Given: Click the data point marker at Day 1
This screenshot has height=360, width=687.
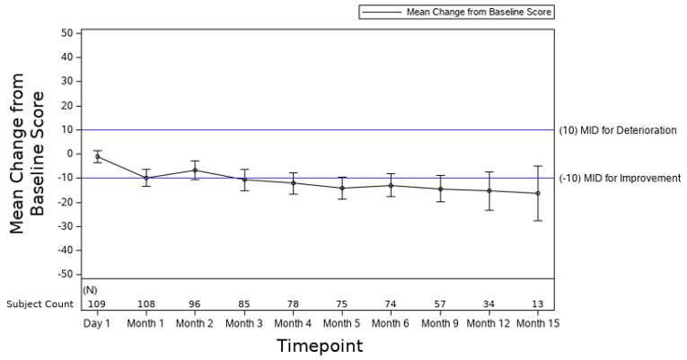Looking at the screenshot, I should click(x=97, y=156).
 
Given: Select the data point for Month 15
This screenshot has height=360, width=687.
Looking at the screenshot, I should click(x=538, y=193).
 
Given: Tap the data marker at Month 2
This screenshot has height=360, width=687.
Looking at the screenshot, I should click(x=195, y=170).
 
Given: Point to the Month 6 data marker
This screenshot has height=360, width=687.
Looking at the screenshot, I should click(x=391, y=185).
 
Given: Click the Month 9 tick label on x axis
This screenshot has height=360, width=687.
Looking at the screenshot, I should click(x=440, y=322).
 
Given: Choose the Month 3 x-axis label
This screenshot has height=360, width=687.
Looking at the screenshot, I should click(x=244, y=322).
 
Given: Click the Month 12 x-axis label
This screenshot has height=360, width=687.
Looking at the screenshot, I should click(x=489, y=322).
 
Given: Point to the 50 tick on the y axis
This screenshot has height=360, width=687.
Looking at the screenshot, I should click(x=67, y=33).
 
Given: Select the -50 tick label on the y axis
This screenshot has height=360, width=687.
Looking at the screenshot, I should click(x=66, y=274).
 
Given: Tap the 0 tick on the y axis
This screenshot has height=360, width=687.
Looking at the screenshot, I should click(x=70, y=154).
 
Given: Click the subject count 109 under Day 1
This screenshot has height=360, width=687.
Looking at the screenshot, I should click(x=97, y=304).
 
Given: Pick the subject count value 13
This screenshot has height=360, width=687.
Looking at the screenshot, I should click(x=538, y=304).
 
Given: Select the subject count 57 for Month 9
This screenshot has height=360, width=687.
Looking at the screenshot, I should click(x=440, y=304).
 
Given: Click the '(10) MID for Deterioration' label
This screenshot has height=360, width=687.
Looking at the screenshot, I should click(x=617, y=130).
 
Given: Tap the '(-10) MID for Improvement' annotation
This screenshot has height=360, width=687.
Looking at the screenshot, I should click(x=620, y=178).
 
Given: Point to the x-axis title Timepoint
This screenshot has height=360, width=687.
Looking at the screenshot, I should click(x=319, y=346).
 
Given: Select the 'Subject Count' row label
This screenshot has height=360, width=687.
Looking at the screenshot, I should click(x=40, y=304).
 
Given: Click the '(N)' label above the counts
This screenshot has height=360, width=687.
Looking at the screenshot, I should click(x=90, y=290).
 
